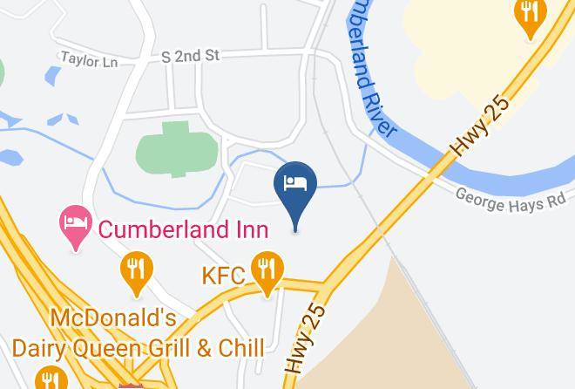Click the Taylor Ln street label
tap(89, 58)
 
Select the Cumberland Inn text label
tap(182, 229)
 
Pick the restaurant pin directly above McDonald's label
tap(134, 270)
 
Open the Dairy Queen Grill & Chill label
tap(138, 348)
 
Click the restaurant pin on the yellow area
tap(530, 16)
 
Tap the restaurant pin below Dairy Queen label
tap(47, 379)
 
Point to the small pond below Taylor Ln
tap(52, 78)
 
